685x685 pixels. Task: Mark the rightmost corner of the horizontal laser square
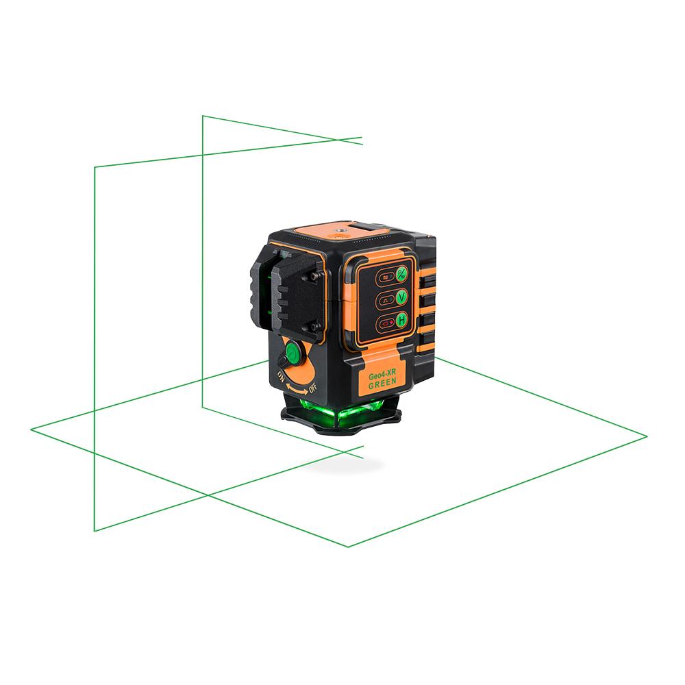pyautogui.click(x=647, y=435)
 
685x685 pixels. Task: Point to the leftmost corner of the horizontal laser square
pyautogui.click(x=32, y=429)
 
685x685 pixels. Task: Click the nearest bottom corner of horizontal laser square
pyautogui.click(x=349, y=546)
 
